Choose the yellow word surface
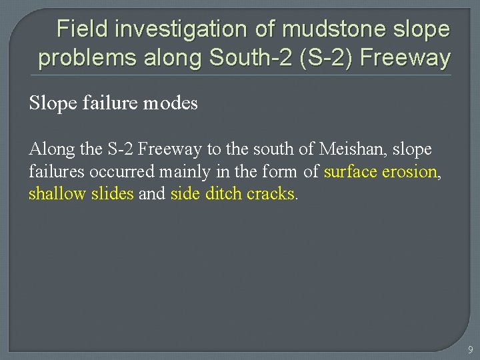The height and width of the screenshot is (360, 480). pos(351,171)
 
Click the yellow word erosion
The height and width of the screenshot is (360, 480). pos(409,171)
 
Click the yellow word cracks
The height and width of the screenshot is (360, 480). pos(271,194)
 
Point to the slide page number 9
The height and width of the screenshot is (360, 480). pos(470,349)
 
